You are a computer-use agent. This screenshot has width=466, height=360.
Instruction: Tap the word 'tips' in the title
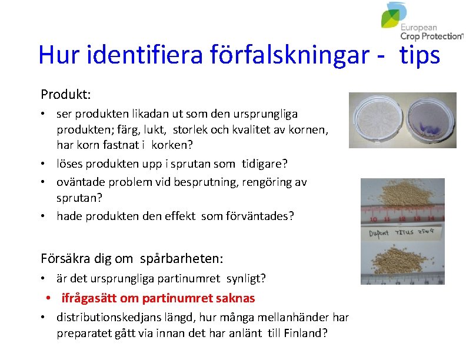tap(420, 55)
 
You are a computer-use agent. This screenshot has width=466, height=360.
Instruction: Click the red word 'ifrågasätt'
tap(88, 298)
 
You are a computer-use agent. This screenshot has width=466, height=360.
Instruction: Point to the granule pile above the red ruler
tap(400, 197)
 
